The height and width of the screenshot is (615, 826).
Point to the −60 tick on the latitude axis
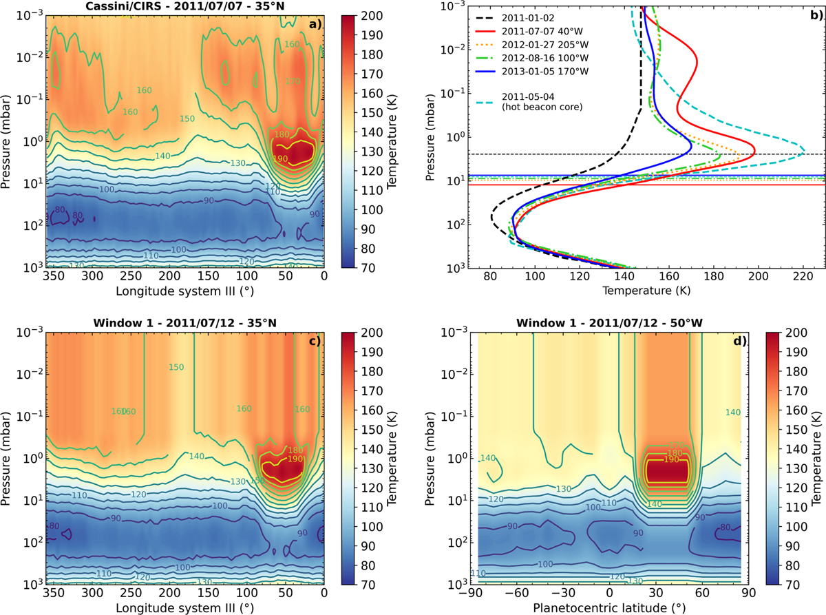coord(517,593)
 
